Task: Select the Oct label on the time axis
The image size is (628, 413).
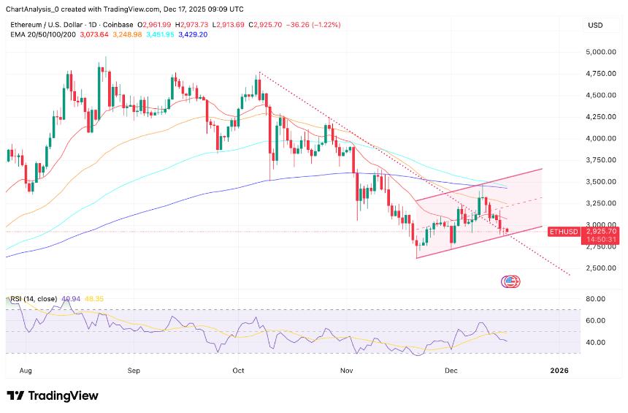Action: (239, 371)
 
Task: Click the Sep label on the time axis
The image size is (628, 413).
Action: (133, 371)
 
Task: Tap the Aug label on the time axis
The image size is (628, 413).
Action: (28, 371)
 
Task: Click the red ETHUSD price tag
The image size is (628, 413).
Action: (563, 231)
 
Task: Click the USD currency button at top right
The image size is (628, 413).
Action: (595, 25)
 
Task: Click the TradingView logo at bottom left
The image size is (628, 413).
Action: (52, 395)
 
